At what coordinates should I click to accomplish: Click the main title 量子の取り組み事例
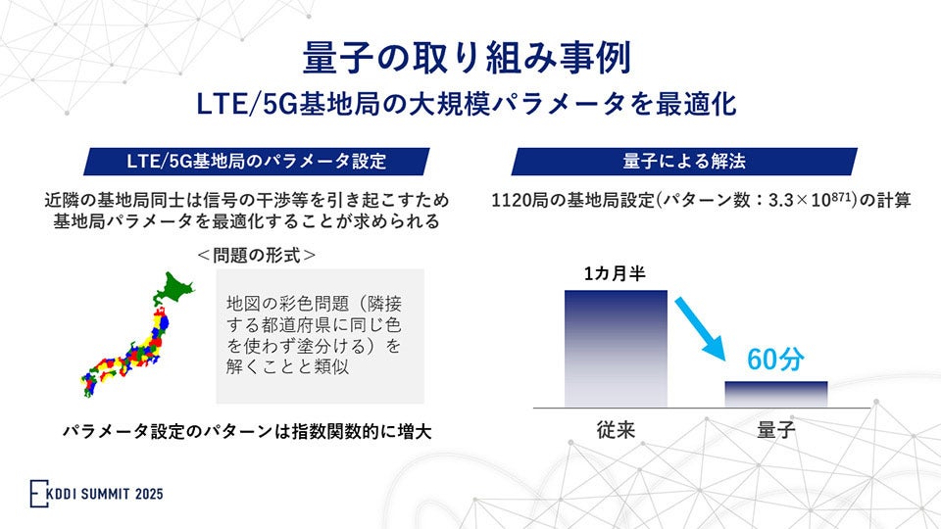coord(470,55)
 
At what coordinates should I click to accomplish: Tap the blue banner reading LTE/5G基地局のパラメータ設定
coord(257,161)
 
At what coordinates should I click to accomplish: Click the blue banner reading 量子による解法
coord(683,161)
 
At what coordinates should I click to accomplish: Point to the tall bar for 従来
coord(616,348)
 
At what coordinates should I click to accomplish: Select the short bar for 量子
coord(775,394)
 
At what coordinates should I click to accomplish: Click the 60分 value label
coord(774,360)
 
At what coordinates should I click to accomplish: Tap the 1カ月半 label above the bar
coord(615,274)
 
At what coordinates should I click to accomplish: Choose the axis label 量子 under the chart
coord(775,429)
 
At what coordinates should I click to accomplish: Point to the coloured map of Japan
coord(132,338)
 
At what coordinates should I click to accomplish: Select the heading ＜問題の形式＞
coord(256,255)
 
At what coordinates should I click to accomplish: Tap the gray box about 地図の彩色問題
coord(321,335)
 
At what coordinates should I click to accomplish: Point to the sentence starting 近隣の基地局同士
coord(246,201)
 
